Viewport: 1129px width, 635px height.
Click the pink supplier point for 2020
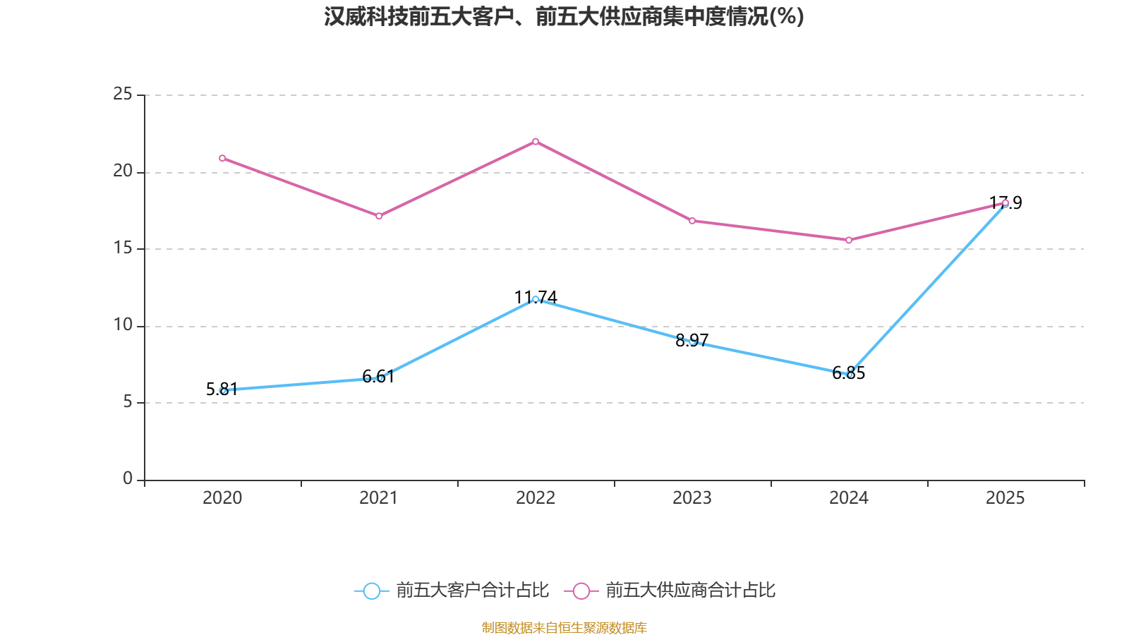click(222, 158)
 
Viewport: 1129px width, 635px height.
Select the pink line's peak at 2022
click(536, 142)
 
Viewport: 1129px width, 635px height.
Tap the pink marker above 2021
click(379, 216)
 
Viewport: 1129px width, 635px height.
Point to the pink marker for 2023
click(692, 221)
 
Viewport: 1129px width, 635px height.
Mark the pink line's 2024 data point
click(849, 240)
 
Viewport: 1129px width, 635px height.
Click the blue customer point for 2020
click(223, 390)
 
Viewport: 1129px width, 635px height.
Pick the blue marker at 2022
click(536, 299)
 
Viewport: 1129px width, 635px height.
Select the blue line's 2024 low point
click(850, 375)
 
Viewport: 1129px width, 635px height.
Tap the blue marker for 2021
click(380, 378)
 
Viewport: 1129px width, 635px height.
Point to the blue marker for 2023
click(692, 341)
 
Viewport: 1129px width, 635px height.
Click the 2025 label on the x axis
click(1005, 498)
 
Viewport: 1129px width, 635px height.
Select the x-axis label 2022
click(536, 498)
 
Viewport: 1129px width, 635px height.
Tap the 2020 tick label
click(222, 498)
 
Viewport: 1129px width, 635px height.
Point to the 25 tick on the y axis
click(123, 95)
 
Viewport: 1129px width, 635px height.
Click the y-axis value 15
click(123, 248)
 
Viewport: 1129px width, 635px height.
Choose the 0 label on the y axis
click(128, 479)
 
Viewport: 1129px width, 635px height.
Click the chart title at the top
click(564, 16)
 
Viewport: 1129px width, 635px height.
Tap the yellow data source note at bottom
click(564, 627)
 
